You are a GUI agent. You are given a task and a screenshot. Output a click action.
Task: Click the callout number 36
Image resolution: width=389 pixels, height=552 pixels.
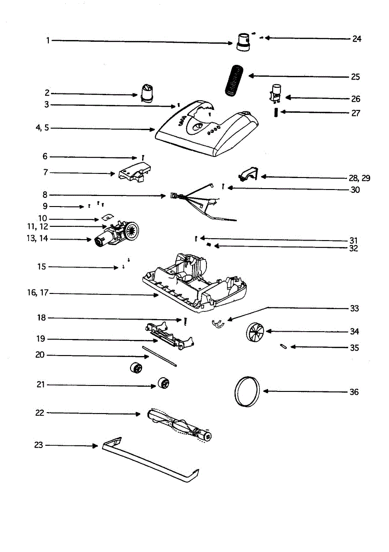pos(354,392)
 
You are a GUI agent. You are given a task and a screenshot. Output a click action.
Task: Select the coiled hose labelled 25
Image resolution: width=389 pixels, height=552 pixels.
pos(235,80)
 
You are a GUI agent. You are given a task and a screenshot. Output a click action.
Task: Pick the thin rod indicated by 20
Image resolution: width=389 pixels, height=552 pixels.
pos(160,356)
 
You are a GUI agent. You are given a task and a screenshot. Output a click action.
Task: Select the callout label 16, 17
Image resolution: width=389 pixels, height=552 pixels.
pos(37,293)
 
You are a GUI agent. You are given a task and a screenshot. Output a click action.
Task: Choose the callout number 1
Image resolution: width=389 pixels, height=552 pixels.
pos(47,40)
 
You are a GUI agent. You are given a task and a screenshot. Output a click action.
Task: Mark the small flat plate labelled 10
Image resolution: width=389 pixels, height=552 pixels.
pos(107,216)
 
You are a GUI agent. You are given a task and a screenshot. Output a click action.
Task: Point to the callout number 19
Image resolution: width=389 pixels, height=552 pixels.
pos(41,339)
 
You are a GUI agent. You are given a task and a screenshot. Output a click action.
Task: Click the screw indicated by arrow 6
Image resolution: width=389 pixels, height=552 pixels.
pos(144,157)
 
